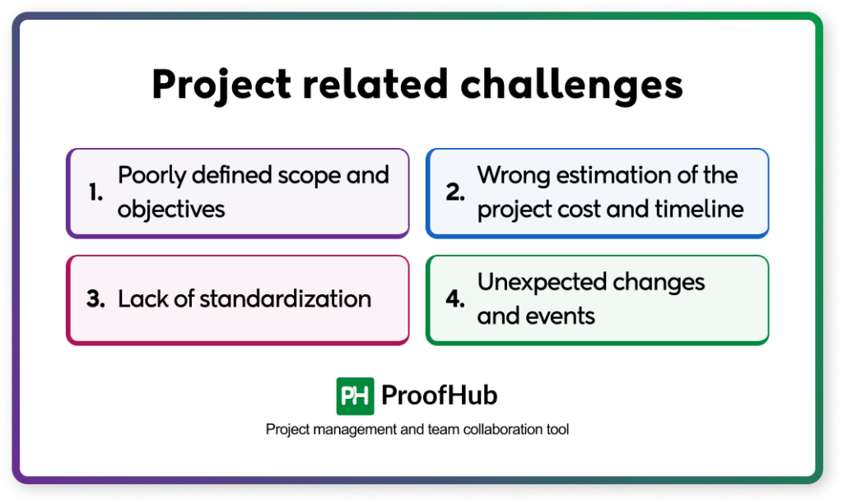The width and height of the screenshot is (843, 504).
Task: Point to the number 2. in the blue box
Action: pos(456,192)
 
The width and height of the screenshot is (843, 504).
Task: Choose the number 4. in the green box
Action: pos(456,298)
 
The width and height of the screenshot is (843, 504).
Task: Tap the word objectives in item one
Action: pos(171,209)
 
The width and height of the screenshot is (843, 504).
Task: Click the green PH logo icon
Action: pos(355,396)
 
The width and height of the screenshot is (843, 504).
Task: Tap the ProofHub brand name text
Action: pos(440,396)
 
